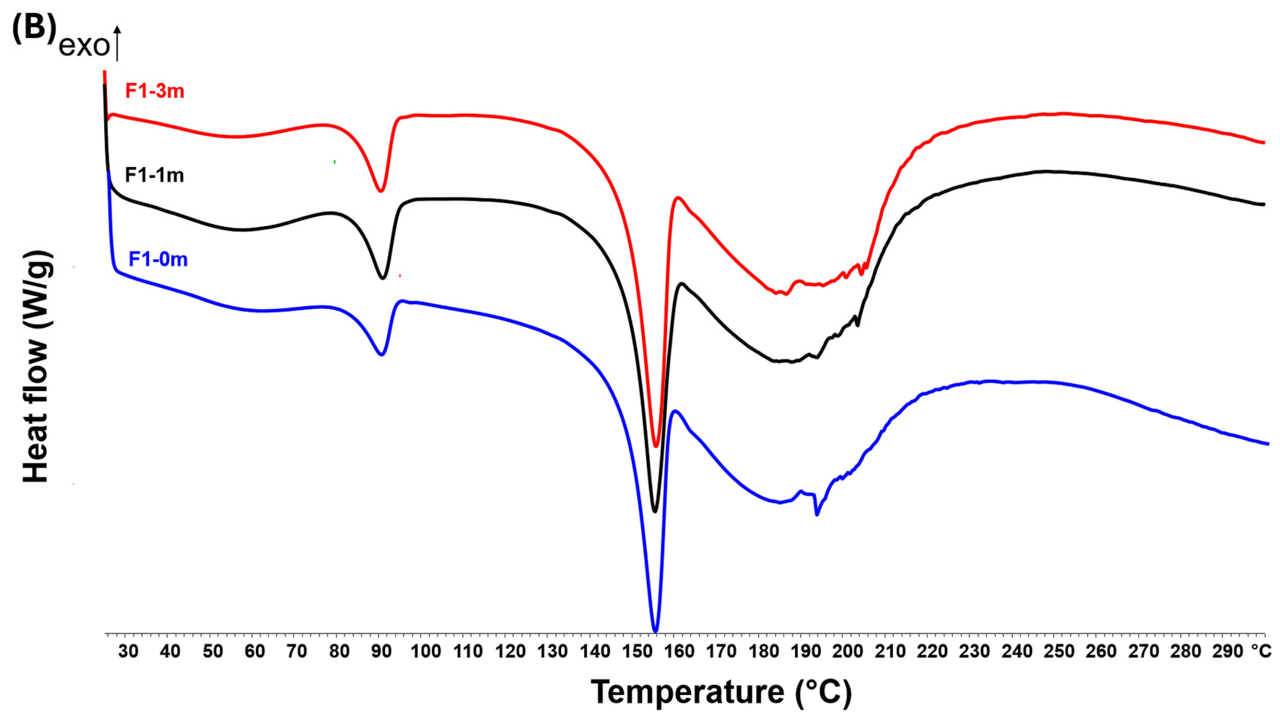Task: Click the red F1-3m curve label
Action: (155, 91)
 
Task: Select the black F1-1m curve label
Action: (154, 175)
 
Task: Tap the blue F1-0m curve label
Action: (158, 259)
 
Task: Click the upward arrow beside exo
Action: (117, 44)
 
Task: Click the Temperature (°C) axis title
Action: (721, 692)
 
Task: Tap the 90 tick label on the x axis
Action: (381, 651)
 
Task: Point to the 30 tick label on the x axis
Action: (128, 651)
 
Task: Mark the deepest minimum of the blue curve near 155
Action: (655, 631)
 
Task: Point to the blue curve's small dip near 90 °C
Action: (382, 354)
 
